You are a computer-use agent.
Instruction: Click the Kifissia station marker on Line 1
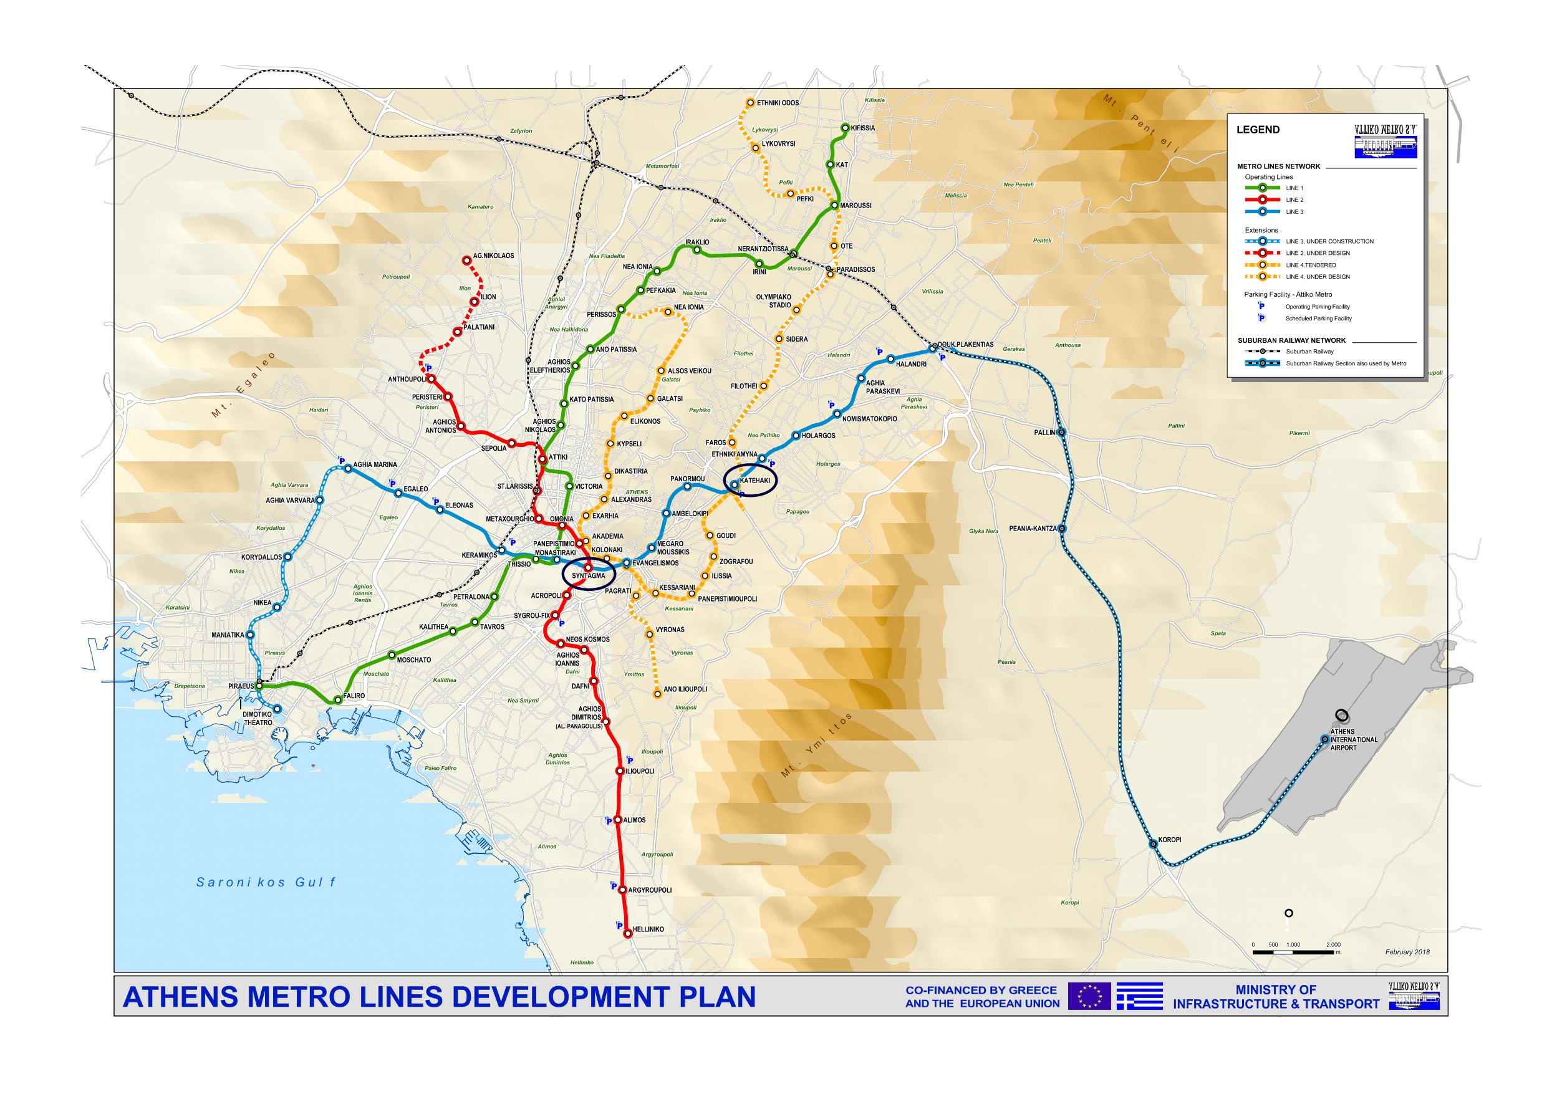846,128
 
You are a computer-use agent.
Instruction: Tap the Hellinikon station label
648,929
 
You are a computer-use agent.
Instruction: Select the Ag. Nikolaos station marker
466,260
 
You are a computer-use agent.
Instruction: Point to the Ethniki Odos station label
778,103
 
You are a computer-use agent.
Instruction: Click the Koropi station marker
1154,843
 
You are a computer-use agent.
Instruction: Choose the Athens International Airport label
1353,740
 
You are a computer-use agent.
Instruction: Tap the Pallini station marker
1062,433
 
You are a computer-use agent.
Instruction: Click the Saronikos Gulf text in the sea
266,883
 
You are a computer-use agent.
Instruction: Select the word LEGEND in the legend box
1257,130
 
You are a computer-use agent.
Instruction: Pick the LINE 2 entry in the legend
1294,200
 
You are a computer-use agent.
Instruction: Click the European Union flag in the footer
1089,996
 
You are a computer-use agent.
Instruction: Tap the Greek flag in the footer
1139,996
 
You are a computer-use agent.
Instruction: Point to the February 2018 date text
1407,952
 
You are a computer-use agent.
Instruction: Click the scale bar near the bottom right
1294,952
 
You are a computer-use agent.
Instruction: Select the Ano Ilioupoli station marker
658,694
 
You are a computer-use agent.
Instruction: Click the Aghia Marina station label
375,465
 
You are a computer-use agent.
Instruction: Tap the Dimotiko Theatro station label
258,719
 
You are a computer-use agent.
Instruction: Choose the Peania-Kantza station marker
1062,529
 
